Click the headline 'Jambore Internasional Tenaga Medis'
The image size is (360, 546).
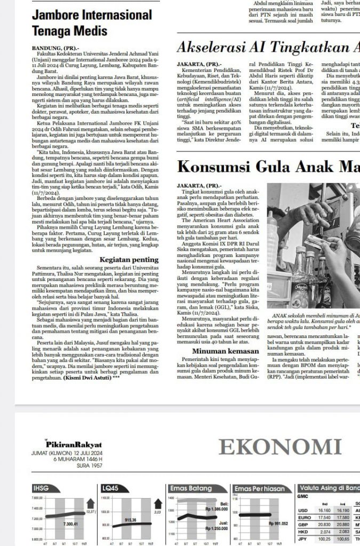point(92,23)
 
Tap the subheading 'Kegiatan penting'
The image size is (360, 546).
point(129,259)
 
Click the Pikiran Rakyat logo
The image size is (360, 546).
point(73,444)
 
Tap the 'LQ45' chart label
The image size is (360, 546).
point(109,488)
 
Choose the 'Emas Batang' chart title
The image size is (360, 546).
point(190,488)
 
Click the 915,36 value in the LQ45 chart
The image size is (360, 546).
point(131,519)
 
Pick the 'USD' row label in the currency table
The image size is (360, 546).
point(302,510)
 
